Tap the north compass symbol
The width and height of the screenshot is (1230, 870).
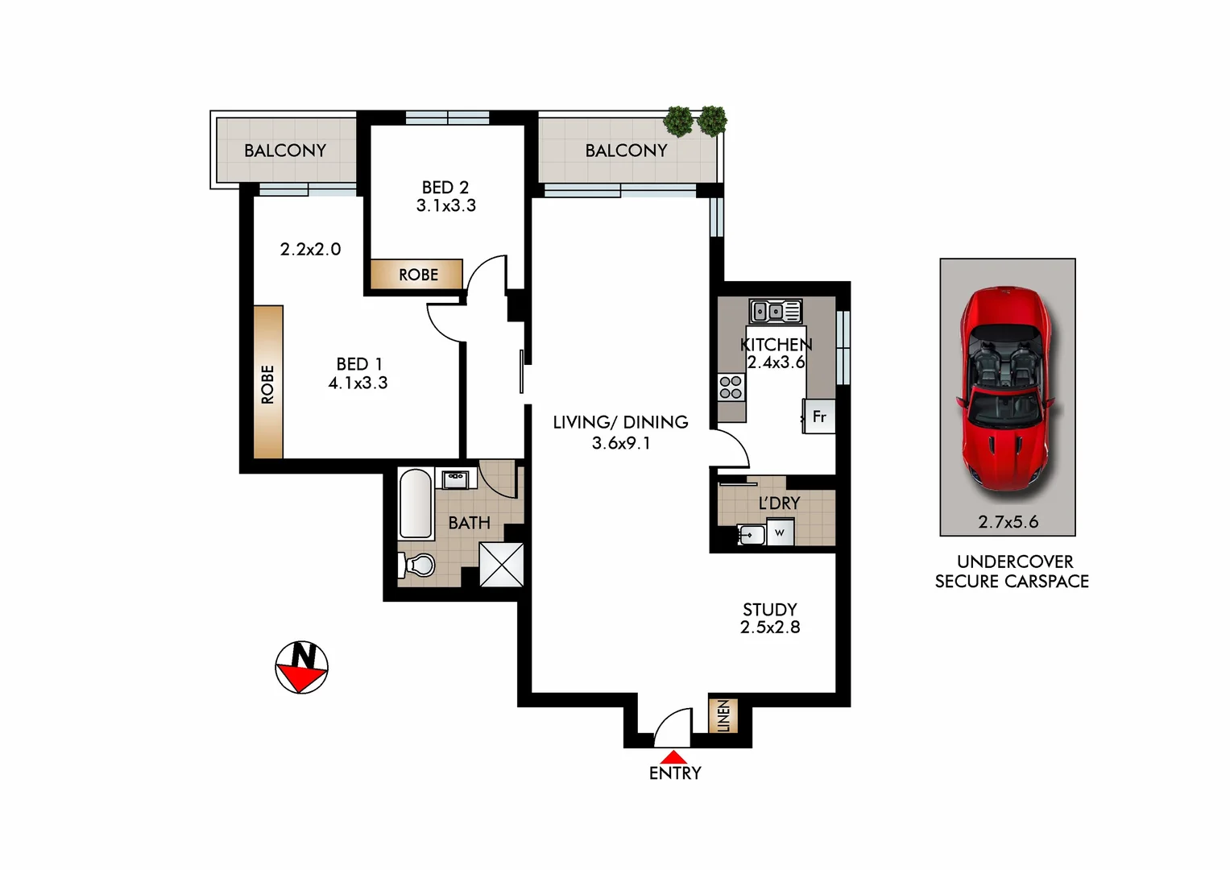point(301,668)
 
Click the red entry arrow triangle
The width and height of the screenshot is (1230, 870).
point(674,757)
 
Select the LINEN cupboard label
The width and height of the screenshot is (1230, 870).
point(723,715)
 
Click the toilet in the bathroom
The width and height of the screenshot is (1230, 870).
point(416,565)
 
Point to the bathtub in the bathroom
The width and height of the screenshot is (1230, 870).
point(416,504)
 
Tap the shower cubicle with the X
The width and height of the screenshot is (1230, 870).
point(501,564)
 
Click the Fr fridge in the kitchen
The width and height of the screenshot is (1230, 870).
point(819,416)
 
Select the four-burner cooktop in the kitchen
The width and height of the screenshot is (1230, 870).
point(731,387)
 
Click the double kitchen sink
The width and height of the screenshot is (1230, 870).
point(775,311)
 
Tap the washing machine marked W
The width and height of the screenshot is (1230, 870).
point(780,532)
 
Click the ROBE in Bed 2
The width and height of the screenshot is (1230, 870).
point(417,275)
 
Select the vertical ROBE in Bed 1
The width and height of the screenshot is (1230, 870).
point(268,383)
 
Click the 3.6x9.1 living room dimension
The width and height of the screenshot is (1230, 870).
point(620,443)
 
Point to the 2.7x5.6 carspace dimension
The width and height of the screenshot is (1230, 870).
point(1008,522)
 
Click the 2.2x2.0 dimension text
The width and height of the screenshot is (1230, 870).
point(310,250)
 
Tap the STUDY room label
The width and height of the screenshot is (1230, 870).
point(769,610)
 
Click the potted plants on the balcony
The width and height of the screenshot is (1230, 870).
point(695,121)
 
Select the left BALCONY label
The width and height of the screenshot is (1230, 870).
point(285,151)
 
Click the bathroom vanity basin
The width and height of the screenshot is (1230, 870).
point(455,478)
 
